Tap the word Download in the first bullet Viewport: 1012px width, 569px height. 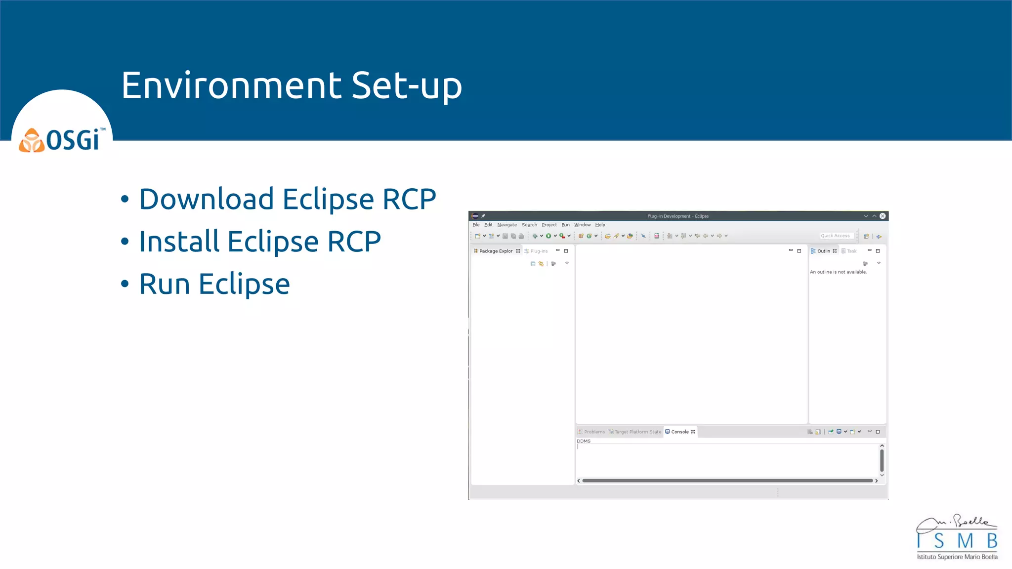coord(207,199)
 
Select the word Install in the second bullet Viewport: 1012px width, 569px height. coord(179,242)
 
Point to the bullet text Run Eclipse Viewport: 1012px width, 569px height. coord(214,284)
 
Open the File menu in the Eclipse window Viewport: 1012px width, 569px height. coord(476,225)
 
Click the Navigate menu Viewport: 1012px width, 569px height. coord(506,225)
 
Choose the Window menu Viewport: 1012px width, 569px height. coord(582,225)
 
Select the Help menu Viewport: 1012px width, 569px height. coord(600,225)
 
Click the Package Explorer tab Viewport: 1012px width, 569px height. coord(496,251)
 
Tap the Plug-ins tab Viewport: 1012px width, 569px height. coord(539,251)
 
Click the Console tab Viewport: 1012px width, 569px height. coord(679,432)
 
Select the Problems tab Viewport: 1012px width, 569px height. coord(594,432)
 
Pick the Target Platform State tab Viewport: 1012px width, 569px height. coord(637,432)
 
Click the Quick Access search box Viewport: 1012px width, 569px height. coord(837,236)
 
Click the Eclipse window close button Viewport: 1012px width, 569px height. coord(883,216)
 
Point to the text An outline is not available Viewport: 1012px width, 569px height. coord(838,272)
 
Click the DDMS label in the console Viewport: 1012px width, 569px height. coord(584,441)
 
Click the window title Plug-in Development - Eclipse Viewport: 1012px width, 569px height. coord(678,216)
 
